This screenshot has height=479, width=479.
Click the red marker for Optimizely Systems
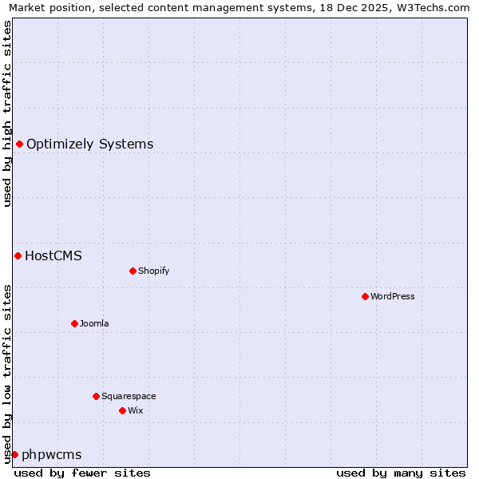(x=19, y=144)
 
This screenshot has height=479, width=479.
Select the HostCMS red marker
(x=18, y=255)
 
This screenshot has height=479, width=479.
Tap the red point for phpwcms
(x=14, y=454)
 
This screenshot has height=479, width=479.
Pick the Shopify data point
(x=133, y=271)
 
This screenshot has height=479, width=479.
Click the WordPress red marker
(x=365, y=296)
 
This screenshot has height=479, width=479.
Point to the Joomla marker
(x=74, y=323)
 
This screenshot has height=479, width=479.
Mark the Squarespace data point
(x=96, y=396)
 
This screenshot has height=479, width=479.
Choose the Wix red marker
(x=122, y=410)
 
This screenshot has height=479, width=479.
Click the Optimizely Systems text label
(x=89, y=144)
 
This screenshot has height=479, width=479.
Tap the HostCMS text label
(x=53, y=255)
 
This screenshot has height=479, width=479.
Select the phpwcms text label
(x=51, y=454)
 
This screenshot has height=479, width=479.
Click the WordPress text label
(x=392, y=296)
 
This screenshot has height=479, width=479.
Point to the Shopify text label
(x=153, y=271)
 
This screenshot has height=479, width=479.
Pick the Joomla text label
(x=94, y=323)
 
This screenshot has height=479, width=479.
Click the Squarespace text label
(x=129, y=396)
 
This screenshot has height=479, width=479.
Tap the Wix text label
(x=135, y=410)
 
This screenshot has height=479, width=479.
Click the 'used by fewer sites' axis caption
(x=82, y=473)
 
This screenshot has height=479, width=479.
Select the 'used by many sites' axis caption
(x=401, y=473)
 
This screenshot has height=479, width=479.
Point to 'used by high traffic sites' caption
(x=8, y=113)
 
